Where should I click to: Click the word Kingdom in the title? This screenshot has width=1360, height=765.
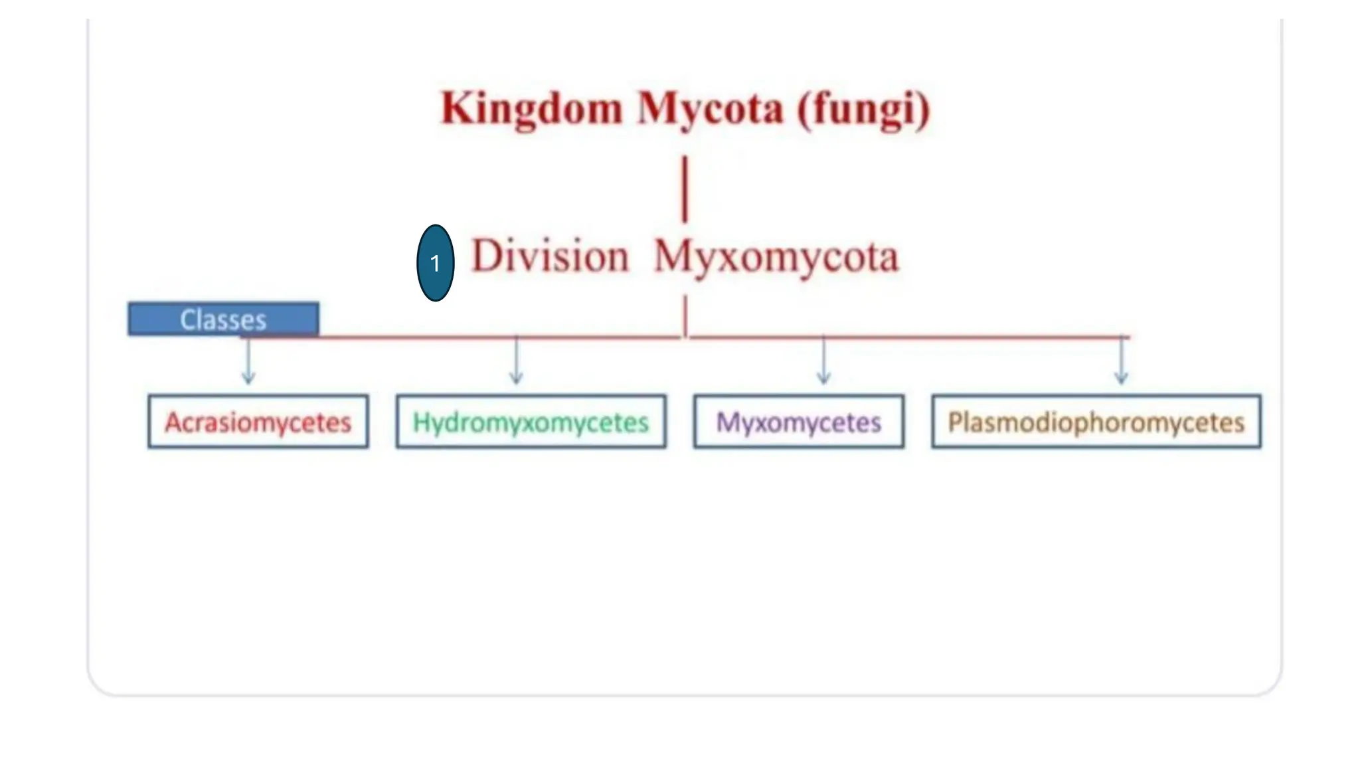(532, 109)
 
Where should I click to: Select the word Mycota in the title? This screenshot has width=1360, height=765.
(710, 109)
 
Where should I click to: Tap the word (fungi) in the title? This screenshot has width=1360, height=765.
(863, 110)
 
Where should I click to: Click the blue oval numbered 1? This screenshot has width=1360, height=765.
(435, 263)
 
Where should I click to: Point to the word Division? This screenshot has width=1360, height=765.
(549, 256)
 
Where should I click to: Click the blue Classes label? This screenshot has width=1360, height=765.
(223, 319)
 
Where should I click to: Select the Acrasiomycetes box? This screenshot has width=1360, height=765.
(258, 422)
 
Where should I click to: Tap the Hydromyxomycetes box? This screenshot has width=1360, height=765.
(531, 422)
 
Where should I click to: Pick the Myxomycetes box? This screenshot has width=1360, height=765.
(798, 422)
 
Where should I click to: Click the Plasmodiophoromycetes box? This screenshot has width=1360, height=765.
(1096, 422)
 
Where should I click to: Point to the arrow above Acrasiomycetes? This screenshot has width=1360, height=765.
(248, 362)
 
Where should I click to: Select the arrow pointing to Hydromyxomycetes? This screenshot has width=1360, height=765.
(516, 362)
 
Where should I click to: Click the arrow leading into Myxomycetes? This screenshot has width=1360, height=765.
(823, 362)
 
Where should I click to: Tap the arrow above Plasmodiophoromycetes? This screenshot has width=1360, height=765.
(1121, 362)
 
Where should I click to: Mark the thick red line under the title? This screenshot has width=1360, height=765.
(685, 189)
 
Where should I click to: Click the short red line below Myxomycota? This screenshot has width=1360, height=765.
(685, 315)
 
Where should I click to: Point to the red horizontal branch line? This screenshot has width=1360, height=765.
(910, 337)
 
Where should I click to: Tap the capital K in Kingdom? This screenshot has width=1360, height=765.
(456, 109)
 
